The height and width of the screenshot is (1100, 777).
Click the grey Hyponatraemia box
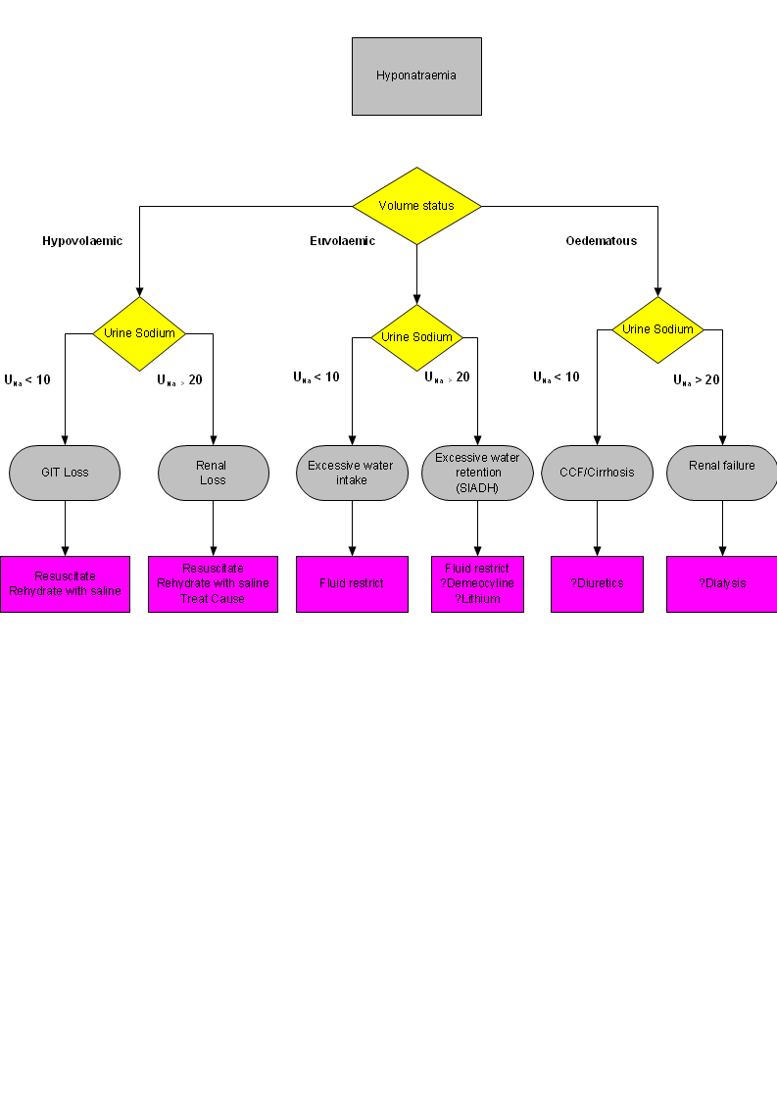click(416, 75)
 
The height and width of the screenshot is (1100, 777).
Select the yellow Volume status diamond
click(416, 206)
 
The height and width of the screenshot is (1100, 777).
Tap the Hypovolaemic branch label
click(82, 241)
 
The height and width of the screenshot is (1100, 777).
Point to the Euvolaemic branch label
click(335, 241)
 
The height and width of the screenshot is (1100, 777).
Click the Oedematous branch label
click(601, 241)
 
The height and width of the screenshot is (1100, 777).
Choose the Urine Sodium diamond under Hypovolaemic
click(139, 333)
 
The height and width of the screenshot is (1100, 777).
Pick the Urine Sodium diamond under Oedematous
click(657, 329)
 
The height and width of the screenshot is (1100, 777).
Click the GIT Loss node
click(65, 473)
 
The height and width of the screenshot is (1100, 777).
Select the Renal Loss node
click(213, 473)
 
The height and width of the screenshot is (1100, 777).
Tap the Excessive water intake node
click(352, 473)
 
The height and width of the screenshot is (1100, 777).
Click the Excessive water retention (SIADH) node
click(477, 473)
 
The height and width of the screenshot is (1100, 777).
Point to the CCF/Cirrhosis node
click(597, 473)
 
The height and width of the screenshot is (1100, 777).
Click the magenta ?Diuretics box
click(597, 583)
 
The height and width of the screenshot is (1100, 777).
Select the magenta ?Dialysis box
click(722, 583)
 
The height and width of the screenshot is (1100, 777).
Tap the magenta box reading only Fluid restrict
click(352, 583)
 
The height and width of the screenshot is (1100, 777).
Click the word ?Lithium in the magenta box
click(477, 598)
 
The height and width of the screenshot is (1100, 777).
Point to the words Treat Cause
click(213, 598)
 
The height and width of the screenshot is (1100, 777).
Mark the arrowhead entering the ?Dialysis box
click(722, 551)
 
